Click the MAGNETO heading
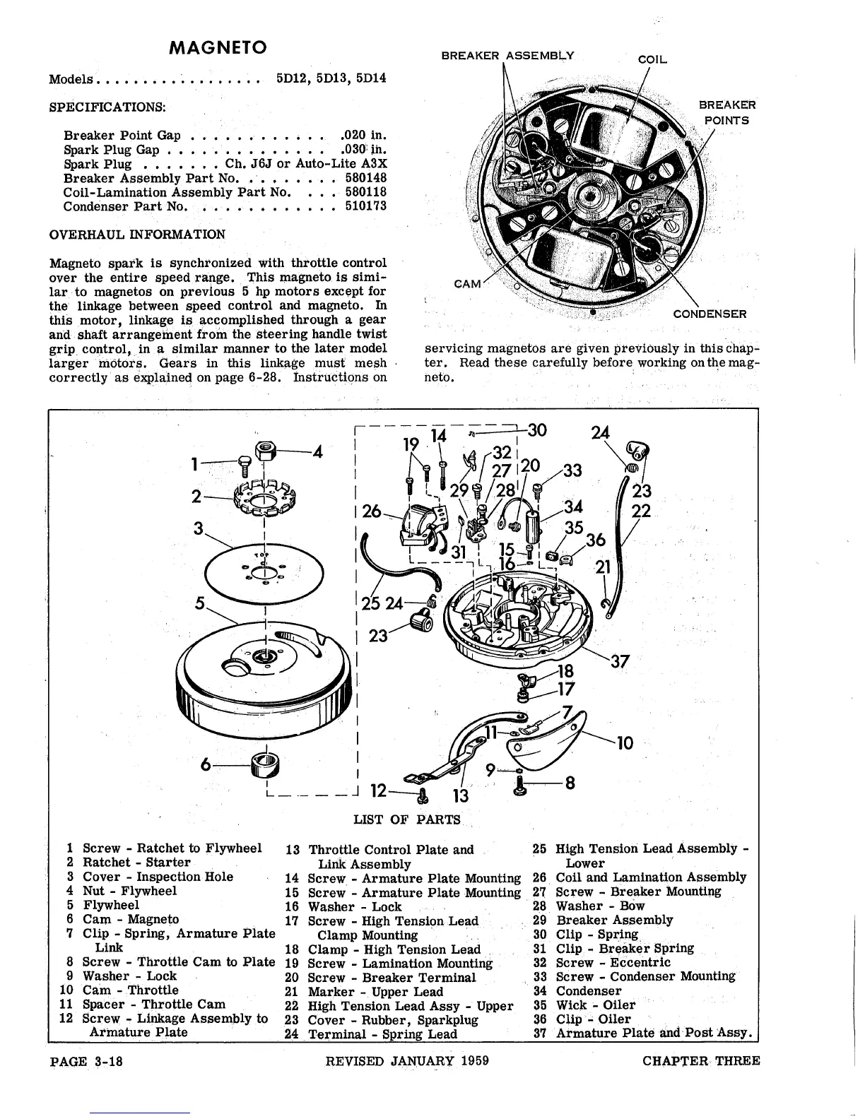[x=218, y=48]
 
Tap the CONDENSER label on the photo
[x=710, y=314]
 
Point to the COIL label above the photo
[x=652, y=60]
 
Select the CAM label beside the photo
[x=467, y=283]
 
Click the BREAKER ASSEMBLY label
[x=508, y=55]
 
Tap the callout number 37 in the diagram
[x=619, y=661]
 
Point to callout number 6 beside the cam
[x=206, y=765]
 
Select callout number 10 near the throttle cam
[x=625, y=742]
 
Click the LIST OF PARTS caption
[x=406, y=819]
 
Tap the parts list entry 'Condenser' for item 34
[x=589, y=990]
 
